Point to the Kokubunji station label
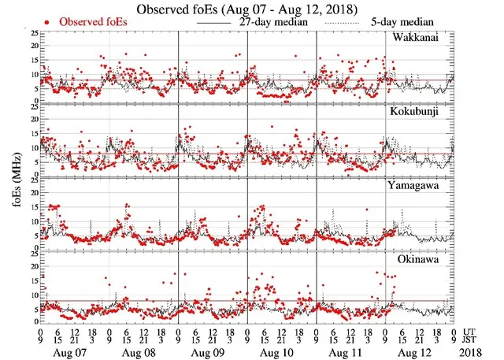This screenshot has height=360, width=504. tap(422, 113)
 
